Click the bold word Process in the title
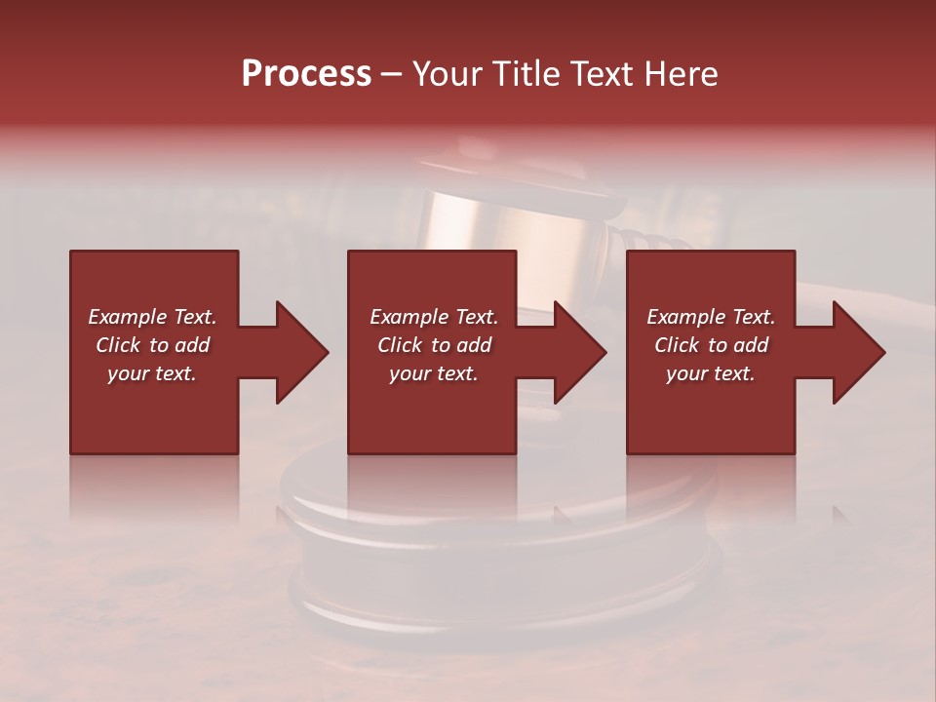point(306,74)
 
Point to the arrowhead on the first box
point(300,352)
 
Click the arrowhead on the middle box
point(578,352)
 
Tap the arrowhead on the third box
point(857,352)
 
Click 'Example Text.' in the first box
point(152,317)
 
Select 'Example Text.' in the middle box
point(434,317)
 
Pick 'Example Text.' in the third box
point(711,317)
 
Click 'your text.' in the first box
point(152,373)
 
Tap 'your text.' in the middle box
point(434,373)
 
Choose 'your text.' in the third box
point(711,373)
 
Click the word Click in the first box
point(119,345)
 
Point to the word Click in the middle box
point(401,345)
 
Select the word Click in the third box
point(678,345)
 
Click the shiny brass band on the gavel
point(507,219)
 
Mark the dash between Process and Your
point(392,75)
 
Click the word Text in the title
point(604,74)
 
